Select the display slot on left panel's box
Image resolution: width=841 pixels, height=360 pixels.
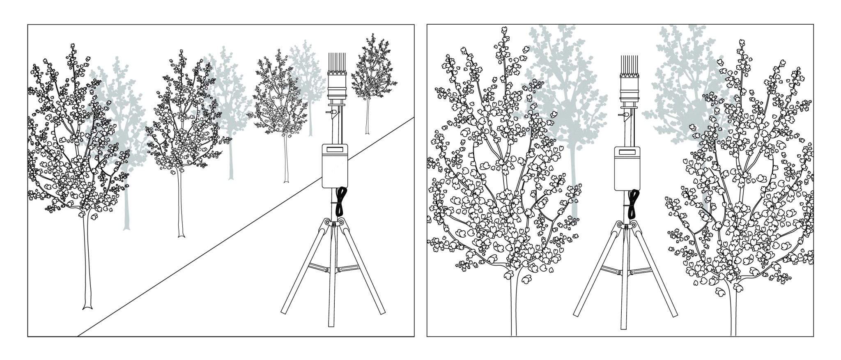[335, 149]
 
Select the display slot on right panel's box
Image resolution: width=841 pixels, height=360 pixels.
[628, 151]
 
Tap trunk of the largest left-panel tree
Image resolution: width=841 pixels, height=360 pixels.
[87, 267]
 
